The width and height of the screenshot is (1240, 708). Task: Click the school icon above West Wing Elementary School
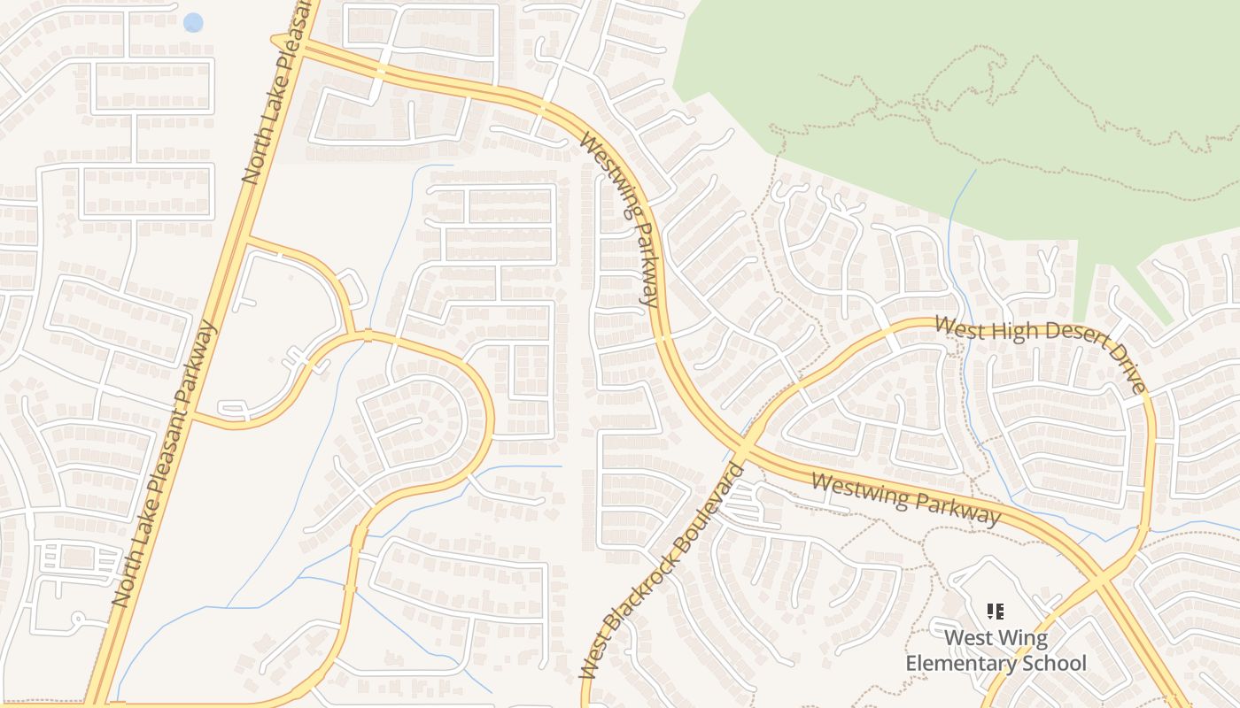point(996,611)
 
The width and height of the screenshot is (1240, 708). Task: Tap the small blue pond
point(193,22)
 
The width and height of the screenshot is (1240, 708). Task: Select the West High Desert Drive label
point(1041,350)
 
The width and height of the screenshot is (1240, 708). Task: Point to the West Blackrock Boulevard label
point(661,571)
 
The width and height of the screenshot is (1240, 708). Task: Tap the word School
point(1054,663)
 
